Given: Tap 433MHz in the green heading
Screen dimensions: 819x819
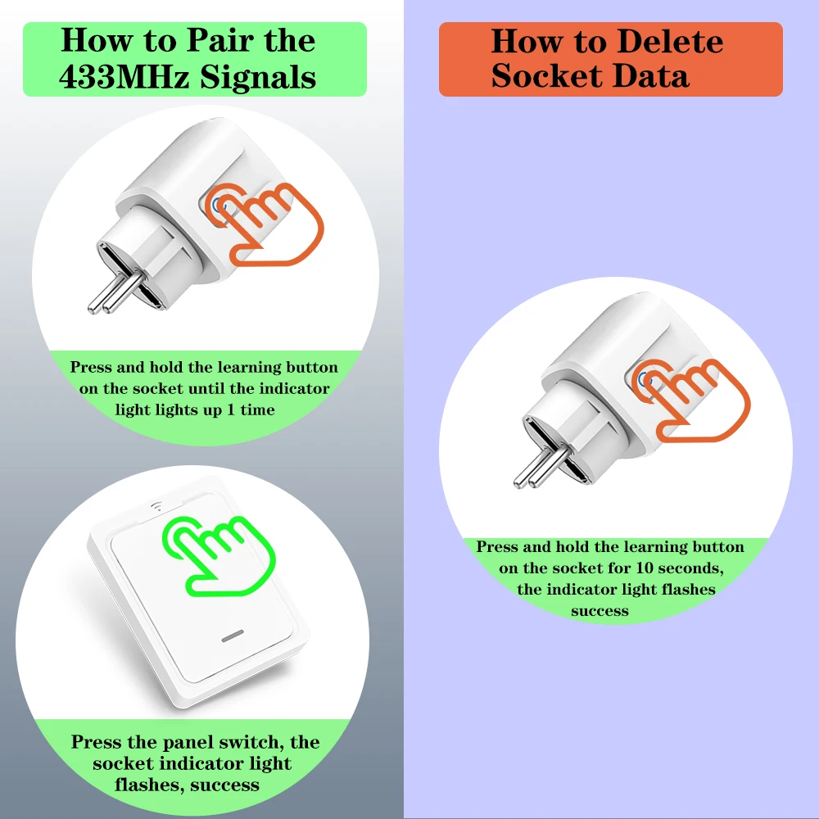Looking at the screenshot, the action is [x=124, y=77].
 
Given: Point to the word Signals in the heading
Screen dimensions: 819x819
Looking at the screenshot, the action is [x=258, y=77].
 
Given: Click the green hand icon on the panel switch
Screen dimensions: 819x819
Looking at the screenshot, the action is [x=219, y=556].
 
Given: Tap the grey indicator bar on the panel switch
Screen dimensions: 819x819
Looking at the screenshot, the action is [x=233, y=636].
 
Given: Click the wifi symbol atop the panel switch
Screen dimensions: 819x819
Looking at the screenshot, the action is [x=156, y=506].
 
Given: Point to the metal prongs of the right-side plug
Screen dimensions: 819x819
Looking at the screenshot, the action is [x=541, y=468].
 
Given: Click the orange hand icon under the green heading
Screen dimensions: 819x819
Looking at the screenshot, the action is [x=264, y=224].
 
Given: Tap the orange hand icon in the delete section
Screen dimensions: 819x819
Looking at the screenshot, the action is [x=690, y=400].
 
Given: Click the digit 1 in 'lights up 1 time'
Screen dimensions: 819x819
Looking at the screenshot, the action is [x=231, y=409].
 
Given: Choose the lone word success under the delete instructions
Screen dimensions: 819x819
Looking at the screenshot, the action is [x=600, y=611].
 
